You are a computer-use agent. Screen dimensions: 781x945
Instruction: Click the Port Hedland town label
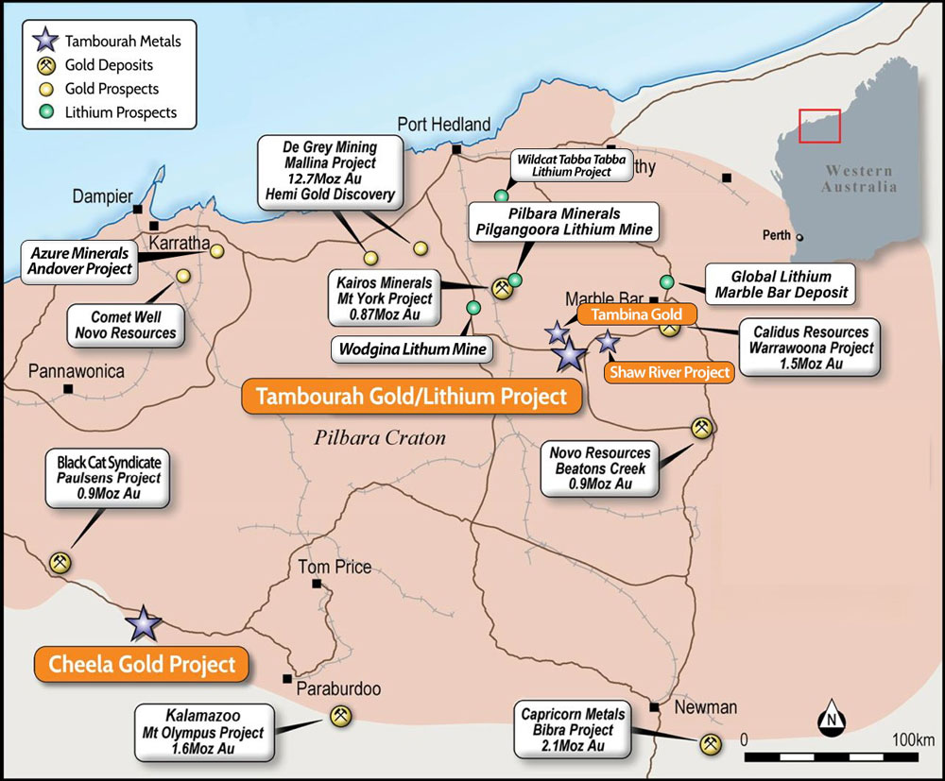[x=443, y=124]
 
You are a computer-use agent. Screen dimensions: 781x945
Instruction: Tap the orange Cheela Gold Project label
[x=142, y=663]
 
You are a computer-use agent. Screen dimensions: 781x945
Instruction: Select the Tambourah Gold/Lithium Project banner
[x=412, y=397]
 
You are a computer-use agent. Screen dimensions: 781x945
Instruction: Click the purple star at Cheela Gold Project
[x=144, y=622]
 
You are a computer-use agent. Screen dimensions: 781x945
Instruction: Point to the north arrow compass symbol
[x=832, y=720]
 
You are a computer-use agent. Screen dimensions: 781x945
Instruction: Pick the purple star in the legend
[x=44, y=41]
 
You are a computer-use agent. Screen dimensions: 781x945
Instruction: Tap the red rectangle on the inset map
[x=819, y=126]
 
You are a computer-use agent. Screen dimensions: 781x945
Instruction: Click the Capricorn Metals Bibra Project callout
[x=573, y=729]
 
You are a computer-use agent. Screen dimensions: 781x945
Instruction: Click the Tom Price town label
[x=335, y=568]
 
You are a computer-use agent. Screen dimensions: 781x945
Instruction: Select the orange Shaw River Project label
[x=669, y=372]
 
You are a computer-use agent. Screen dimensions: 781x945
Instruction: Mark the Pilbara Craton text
[x=380, y=437]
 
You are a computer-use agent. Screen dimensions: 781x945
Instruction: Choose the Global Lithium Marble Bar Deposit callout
[x=781, y=283]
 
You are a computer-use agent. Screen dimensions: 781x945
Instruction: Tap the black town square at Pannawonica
[x=67, y=388]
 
